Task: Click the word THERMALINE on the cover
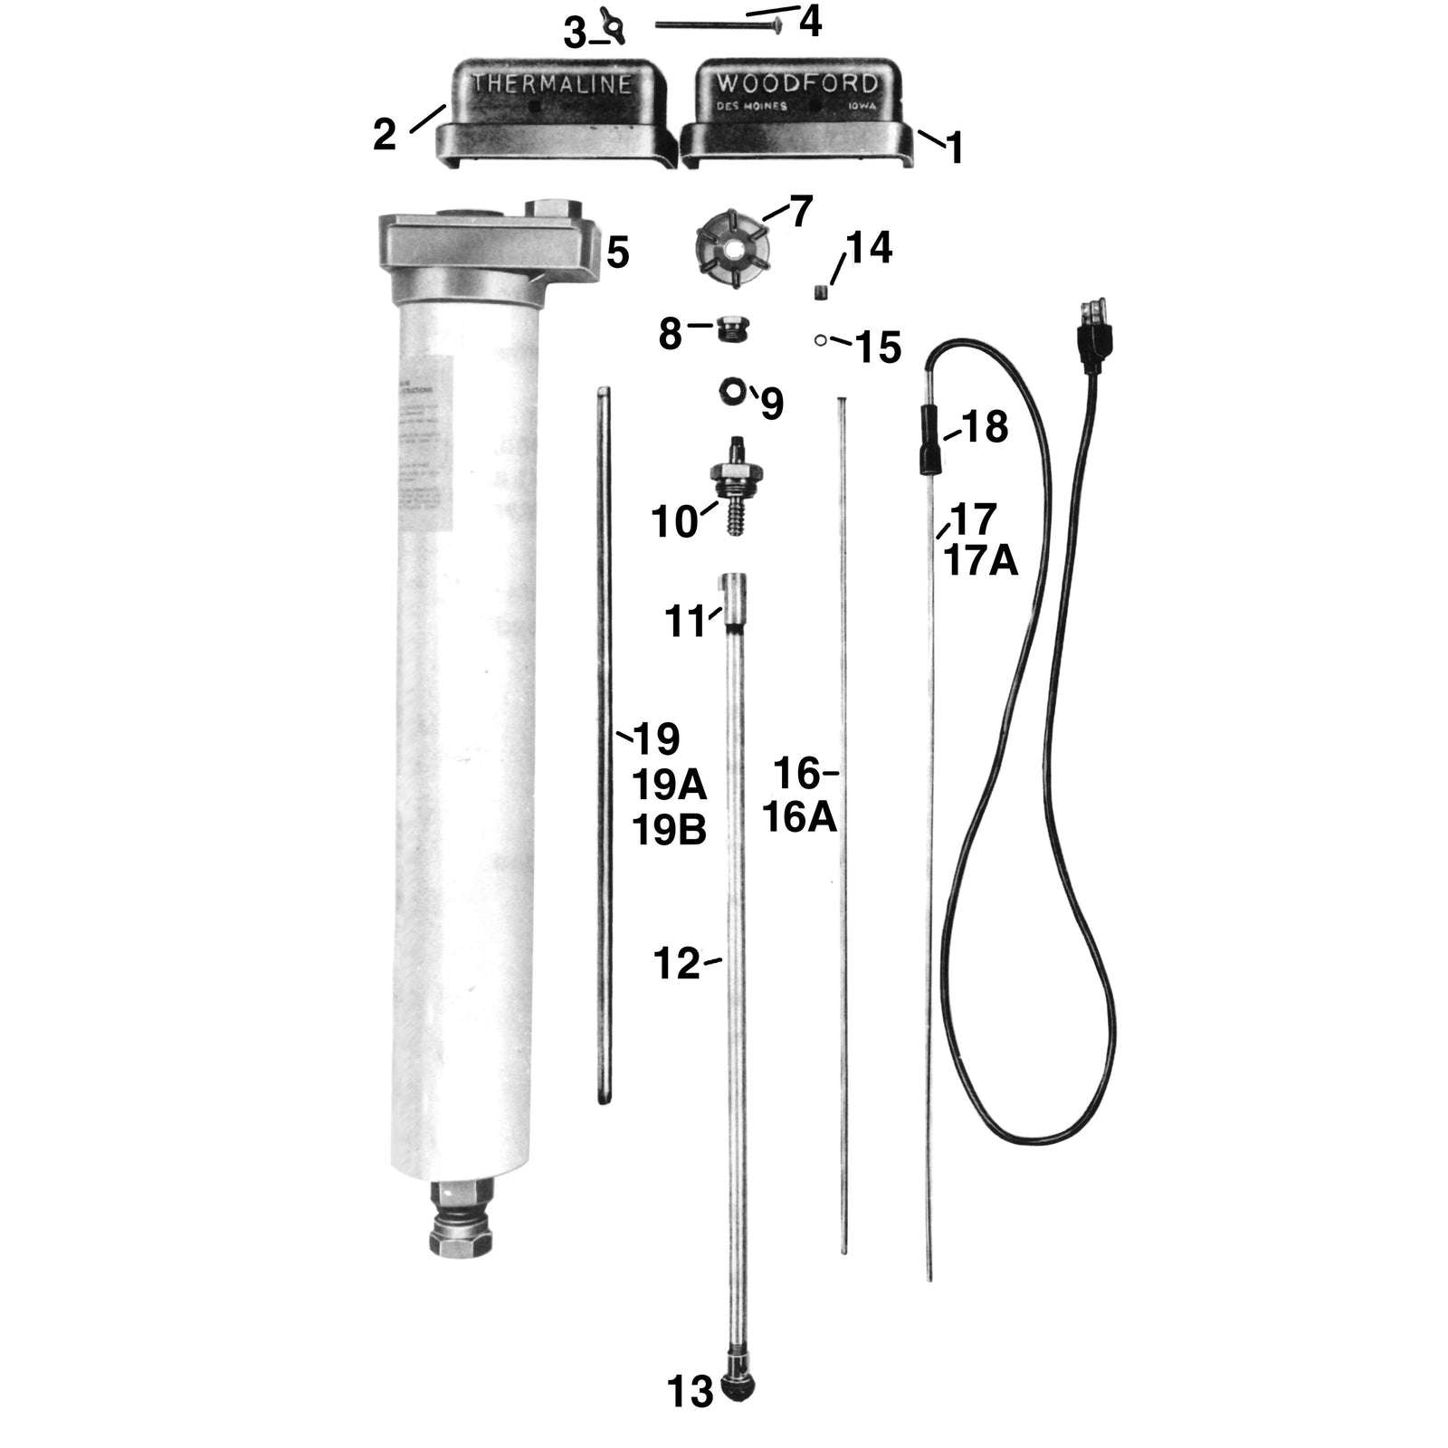point(551,84)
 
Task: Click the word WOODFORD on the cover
point(796,84)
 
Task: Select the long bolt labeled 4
point(715,26)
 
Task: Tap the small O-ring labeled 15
point(819,340)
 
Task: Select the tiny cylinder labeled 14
point(821,291)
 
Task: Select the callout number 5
point(618,253)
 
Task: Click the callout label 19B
point(669,830)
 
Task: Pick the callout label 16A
point(799,817)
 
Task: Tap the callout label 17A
point(981,561)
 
